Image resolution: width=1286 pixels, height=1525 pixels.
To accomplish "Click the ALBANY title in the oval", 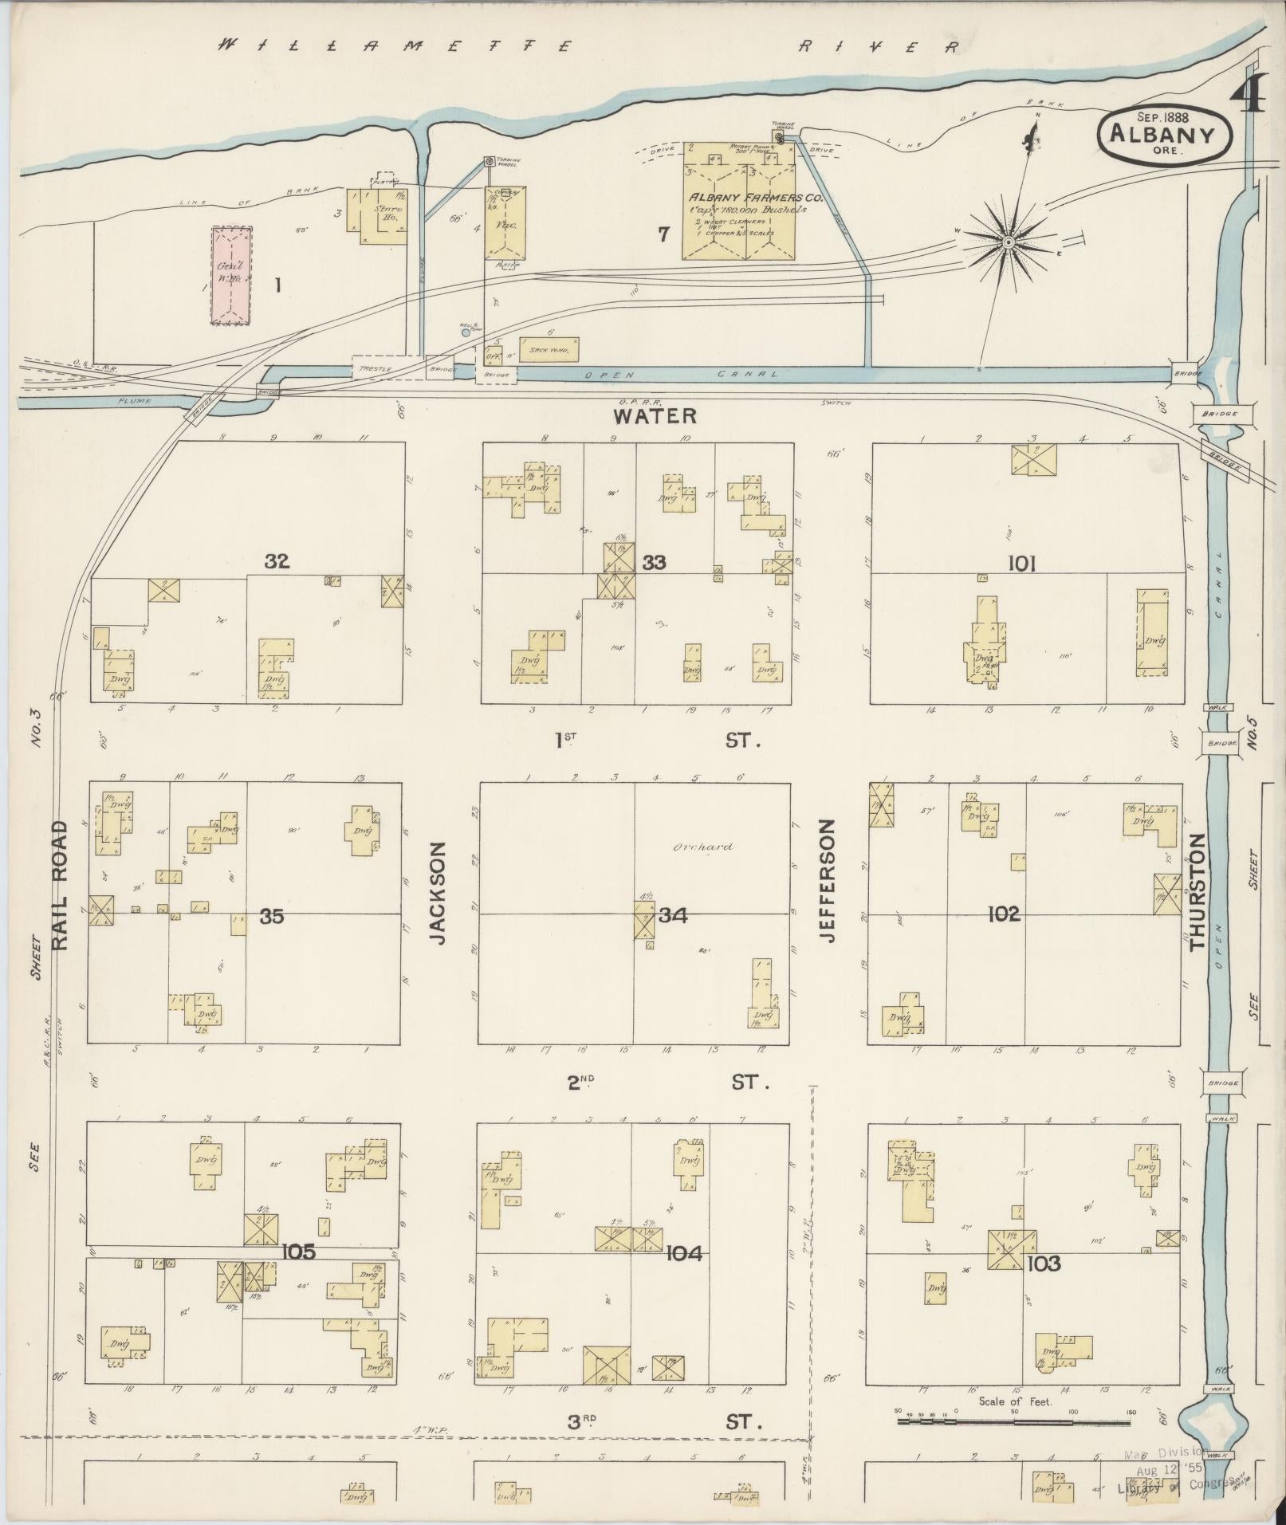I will tap(1165, 134).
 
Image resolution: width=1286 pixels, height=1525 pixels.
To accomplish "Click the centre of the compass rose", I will tap(1008, 240).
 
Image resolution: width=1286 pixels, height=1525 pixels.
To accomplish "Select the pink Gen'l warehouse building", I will tap(231, 275).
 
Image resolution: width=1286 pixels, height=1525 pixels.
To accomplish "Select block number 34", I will tap(672, 916).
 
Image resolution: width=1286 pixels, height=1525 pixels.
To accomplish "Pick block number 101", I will tap(1021, 564).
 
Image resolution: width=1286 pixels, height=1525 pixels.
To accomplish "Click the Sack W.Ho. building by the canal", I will tap(549, 348).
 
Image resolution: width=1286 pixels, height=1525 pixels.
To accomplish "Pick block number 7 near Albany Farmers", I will tap(663, 233).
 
